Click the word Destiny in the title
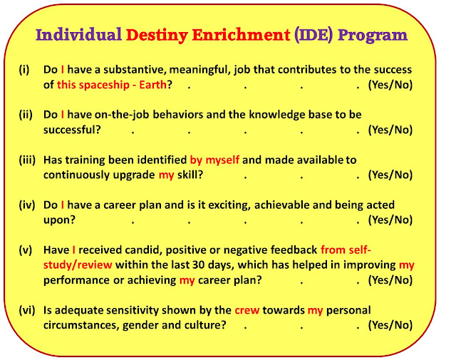click(x=157, y=36)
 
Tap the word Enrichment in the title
click(x=241, y=35)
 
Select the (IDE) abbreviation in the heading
click(x=313, y=35)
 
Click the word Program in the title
click(x=373, y=36)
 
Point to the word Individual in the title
click(x=78, y=35)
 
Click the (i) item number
click(x=24, y=70)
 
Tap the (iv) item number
click(x=27, y=205)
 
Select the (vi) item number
click(x=27, y=310)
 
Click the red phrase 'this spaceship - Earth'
click(x=112, y=85)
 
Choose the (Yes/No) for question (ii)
click(x=390, y=130)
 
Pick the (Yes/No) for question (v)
click(x=390, y=280)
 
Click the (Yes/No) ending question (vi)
click(x=390, y=325)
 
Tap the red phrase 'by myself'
click(x=214, y=160)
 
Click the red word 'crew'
click(x=247, y=311)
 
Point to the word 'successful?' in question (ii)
click(x=72, y=130)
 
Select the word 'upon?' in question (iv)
click(x=59, y=220)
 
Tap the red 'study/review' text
click(x=78, y=265)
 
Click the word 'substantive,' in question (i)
click(x=135, y=70)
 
